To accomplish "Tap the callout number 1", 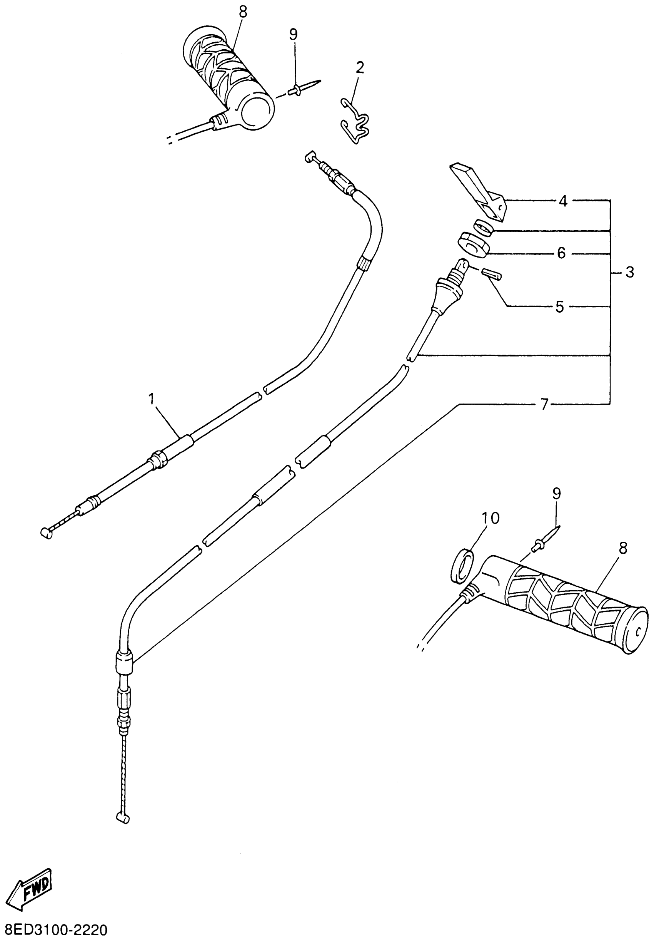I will [x=152, y=399].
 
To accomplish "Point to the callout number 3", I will [x=629, y=272].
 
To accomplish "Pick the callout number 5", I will [x=559, y=306].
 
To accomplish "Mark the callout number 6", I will [x=561, y=253].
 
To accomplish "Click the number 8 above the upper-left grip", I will [x=243, y=12].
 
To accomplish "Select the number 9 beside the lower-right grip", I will [x=557, y=494].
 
